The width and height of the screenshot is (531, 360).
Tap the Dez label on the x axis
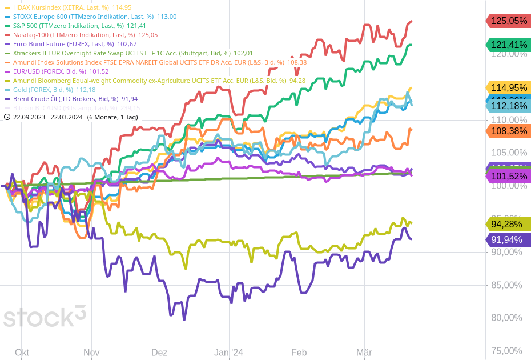pyautogui.click(x=159, y=353)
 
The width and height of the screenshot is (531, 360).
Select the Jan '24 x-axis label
pyautogui.click(x=228, y=353)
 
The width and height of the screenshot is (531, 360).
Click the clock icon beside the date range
pyautogui.click(x=7, y=117)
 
